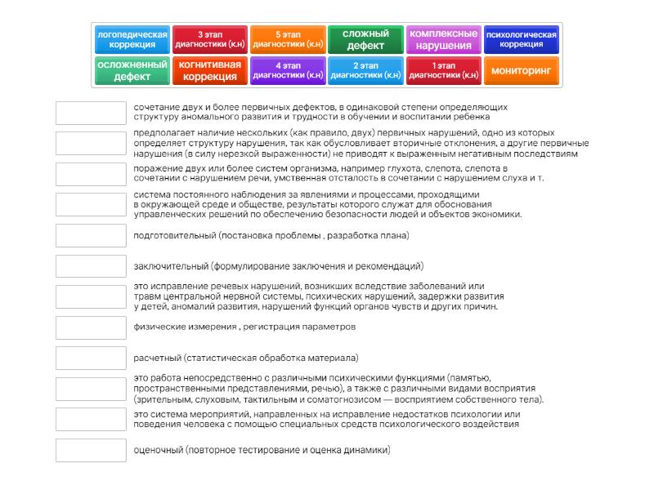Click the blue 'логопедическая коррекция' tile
click(132, 39)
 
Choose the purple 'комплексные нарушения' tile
click(443, 39)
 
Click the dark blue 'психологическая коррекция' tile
click(522, 39)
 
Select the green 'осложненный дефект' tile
click(132, 71)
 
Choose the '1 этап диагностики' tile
click(443, 71)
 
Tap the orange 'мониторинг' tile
click(522, 71)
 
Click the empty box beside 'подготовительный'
click(91, 235)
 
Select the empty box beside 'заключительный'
click(91, 266)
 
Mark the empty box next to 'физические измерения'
click(91, 327)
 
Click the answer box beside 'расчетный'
click(91, 358)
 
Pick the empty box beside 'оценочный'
click(91, 450)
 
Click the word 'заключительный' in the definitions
click(170, 266)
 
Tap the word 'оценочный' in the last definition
click(158, 450)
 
